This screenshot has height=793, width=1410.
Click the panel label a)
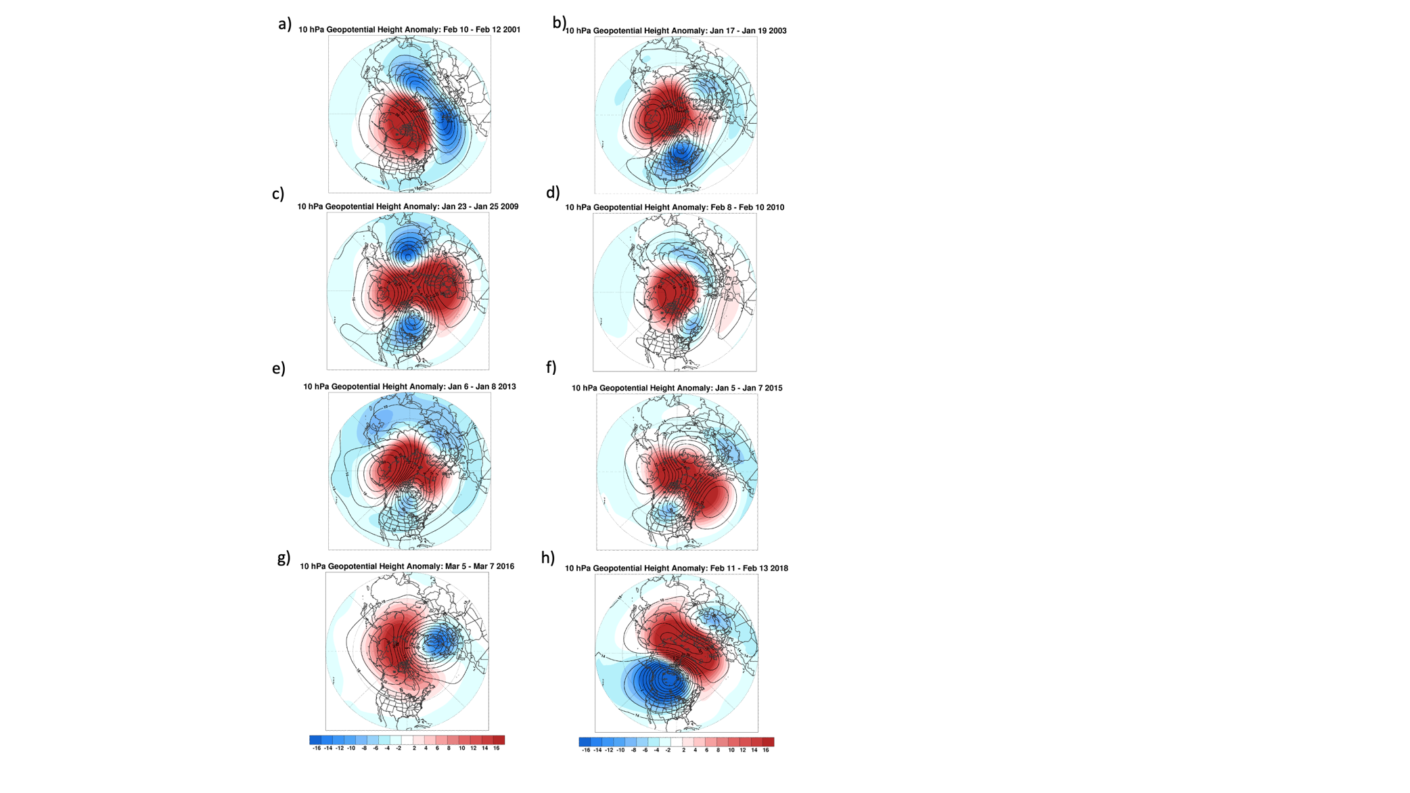pos(285,24)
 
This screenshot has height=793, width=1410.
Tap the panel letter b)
pos(559,23)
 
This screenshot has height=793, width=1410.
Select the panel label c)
pos(278,194)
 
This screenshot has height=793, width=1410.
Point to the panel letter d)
pos(553,193)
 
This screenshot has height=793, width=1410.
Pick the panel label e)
pos(278,369)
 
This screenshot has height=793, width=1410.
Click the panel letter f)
pos(551,367)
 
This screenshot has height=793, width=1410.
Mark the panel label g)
pos(283,558)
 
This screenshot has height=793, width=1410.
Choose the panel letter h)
pos(547,558)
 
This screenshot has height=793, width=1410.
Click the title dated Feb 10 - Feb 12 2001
pos(409,30)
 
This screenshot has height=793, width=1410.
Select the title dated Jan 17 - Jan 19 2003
pos(676,31)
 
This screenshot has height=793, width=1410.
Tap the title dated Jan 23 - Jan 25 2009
pos(408,207)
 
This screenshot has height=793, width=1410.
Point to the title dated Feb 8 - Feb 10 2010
pos(675,208)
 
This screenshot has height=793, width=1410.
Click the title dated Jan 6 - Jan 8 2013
pos(409,387)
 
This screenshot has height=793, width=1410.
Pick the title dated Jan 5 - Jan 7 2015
pos(677,388)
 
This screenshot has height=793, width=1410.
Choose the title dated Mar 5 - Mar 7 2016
pos(407,567)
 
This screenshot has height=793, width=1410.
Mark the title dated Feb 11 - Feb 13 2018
pos(676,568)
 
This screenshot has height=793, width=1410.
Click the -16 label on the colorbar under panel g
pos(316,748)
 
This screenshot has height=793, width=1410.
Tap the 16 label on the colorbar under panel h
pos(766,750)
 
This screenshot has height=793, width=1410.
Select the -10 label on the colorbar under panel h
pos(620,750)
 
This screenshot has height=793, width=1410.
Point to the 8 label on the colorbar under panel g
pos(449,748)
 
